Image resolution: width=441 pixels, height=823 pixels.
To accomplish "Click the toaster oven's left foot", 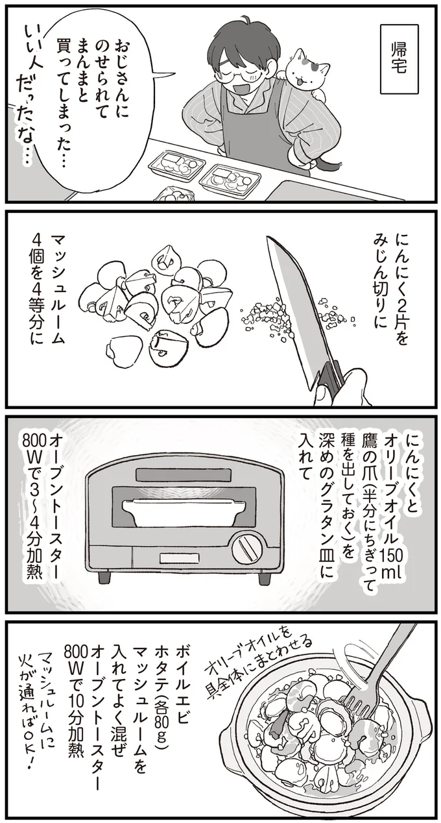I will point(103,578).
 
